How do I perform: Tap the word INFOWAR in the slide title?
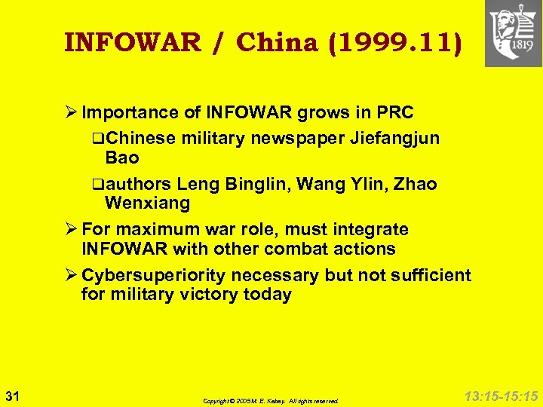click(x=133, y=42)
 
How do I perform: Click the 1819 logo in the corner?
click(x=513, y=34)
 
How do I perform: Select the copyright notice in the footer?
click(x=271, y=401)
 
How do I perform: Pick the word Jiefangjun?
click(x=399, y=139)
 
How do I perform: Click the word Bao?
click(x=122, y=158)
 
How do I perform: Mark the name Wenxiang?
click(x=148, y=203)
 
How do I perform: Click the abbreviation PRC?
click(x=394, y=113)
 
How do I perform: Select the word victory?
click(x=210, y=294)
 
